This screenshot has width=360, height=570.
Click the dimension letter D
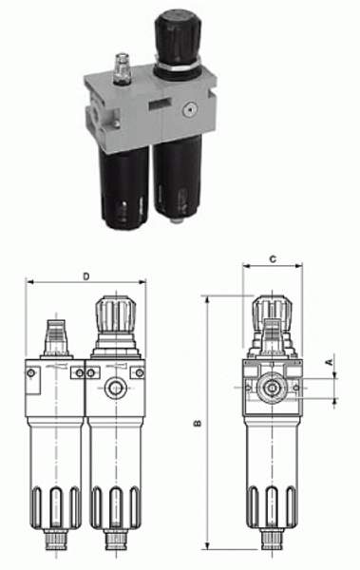86,276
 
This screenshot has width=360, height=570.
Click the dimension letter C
273,259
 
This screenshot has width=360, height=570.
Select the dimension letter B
199,424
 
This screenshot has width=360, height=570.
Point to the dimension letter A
329,362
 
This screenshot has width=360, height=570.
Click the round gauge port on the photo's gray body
189,110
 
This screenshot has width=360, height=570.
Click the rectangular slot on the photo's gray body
160,104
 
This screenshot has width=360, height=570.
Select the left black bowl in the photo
124,187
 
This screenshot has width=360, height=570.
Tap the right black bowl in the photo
178,179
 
